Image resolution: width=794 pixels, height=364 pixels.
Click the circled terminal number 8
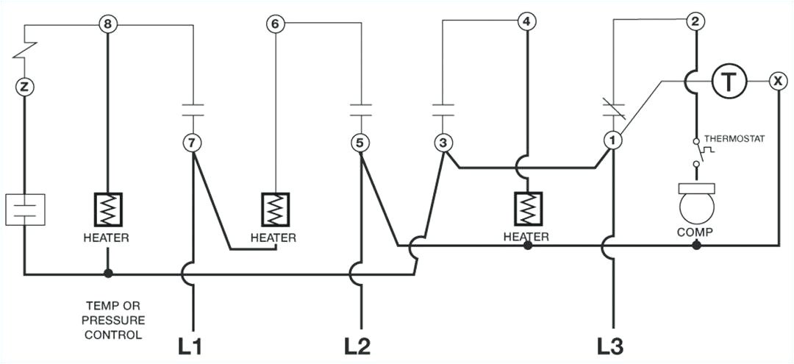click(x=108, y=25)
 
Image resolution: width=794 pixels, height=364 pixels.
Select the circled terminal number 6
click(x=275, y=25)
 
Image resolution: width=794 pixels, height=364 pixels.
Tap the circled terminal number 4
click(x=526, y=21)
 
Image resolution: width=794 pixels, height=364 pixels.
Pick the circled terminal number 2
click(x=694, y=21)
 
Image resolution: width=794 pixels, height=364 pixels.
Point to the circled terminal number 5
click(x=360, y=141)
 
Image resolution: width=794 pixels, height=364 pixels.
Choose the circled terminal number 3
click(x=443, y=143)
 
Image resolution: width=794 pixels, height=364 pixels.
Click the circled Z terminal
click(x=25, y=88)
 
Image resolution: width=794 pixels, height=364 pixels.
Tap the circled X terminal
click(x=777, y=80)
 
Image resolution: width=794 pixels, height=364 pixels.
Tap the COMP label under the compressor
click(x=695, y=232)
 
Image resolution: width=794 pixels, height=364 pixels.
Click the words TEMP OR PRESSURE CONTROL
click(x=113, y=320)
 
